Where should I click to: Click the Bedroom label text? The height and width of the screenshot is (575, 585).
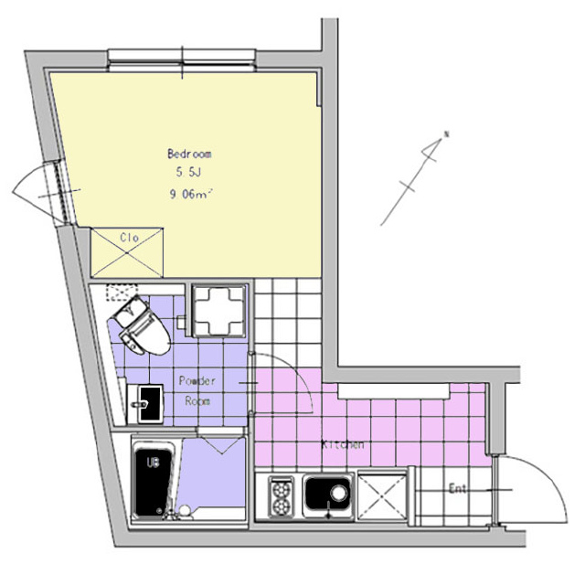point(189,154)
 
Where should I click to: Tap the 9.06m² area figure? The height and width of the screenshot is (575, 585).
point(191,194)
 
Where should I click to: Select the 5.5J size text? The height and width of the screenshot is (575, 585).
point(189,173)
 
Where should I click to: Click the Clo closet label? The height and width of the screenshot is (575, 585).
point(130,238)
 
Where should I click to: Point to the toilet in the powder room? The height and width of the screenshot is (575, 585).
point(139,325)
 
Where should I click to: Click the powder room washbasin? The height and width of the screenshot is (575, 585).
point(145,404)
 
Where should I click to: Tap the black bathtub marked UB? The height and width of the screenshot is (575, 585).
point(153,478)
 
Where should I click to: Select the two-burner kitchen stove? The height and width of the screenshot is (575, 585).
point(281,496)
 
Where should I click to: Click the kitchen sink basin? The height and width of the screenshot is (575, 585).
point(328,495)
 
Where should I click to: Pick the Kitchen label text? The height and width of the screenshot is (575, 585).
point(343,444)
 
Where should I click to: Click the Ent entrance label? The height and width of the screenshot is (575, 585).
point(457,488)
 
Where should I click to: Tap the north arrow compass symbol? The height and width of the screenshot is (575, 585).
point(414,178)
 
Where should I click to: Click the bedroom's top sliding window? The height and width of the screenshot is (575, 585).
point(182,59)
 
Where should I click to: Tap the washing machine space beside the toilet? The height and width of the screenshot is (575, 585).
point(219,311)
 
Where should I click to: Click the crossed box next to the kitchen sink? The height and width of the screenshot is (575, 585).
point(382,495)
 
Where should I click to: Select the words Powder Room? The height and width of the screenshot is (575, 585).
point(197,390)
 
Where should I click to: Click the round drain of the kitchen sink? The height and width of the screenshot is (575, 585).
point(339,493)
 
